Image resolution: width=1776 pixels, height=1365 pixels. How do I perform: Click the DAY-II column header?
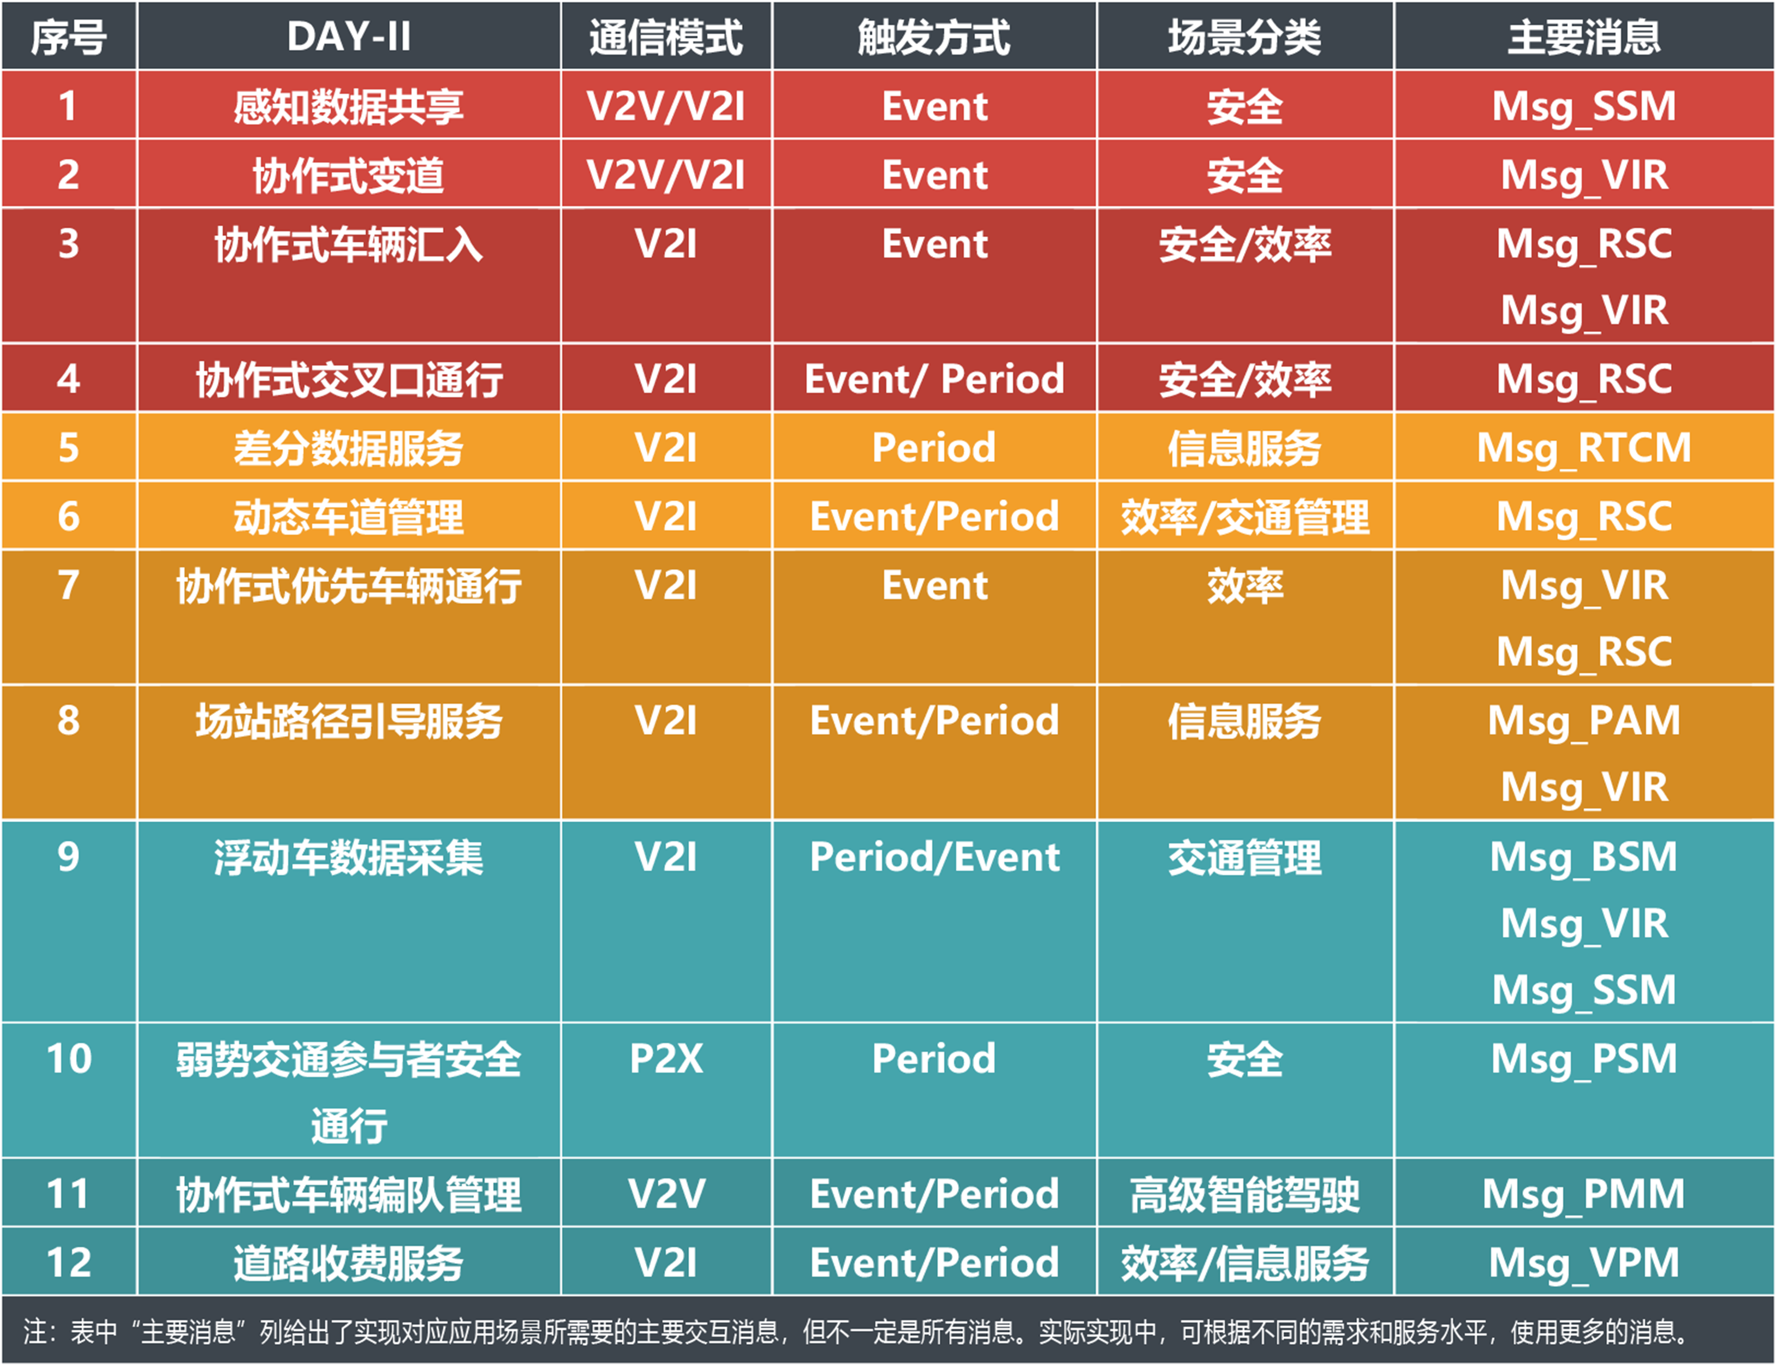(x=349, y=37)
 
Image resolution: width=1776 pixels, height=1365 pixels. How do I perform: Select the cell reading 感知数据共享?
(x=349, y=106)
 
